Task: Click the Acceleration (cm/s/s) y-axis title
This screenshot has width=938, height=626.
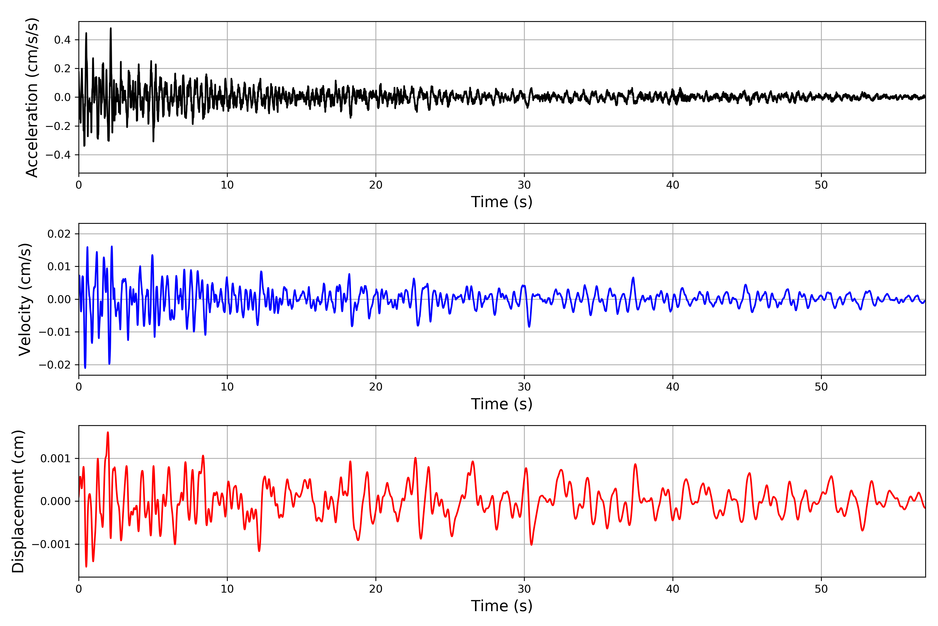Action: pos(32,97)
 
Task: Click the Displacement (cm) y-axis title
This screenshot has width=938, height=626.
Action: pos(18,501)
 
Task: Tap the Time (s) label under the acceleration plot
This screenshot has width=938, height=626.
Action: pos(501,202)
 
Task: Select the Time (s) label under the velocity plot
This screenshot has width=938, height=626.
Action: pos(501,404)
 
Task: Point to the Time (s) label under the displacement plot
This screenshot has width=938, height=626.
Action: pos(501,606)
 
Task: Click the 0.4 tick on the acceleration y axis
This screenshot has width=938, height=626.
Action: pos(62,40)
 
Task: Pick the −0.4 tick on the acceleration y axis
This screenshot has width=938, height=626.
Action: pos(58,155)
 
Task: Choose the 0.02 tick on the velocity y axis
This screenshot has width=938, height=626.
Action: pos(59,234)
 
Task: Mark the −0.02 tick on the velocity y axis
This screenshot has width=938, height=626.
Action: pos(55,365)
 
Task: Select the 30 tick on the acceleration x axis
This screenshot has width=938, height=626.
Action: pos(524,185)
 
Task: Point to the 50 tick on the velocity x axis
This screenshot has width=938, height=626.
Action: pos(821,387)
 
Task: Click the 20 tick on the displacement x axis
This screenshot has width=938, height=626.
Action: pos(376,589)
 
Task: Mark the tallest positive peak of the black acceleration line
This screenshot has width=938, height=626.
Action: pos(111,28)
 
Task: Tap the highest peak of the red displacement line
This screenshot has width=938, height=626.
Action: pos(108,432)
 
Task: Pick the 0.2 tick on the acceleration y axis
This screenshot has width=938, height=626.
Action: pos(62,69)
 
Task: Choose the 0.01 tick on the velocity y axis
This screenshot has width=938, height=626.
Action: pos(59,267)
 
